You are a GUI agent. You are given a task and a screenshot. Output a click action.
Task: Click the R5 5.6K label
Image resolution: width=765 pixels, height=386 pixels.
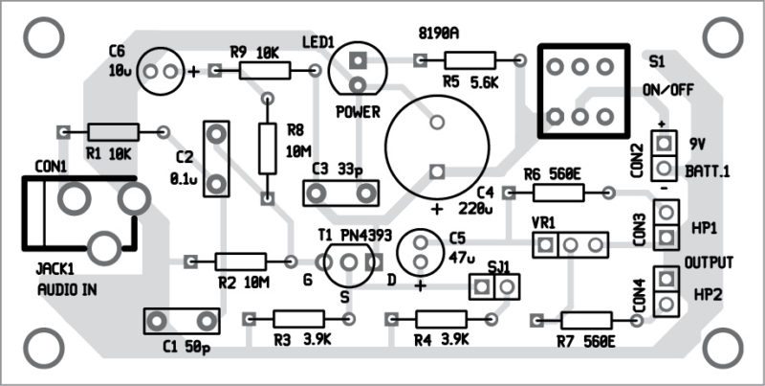(470, 83)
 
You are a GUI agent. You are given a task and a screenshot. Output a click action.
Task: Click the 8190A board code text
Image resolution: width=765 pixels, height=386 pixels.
(439, 33)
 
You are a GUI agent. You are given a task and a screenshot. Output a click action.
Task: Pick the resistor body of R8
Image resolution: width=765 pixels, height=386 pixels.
(268, 149)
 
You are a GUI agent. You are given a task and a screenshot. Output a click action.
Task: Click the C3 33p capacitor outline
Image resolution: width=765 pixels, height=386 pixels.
(339, 193)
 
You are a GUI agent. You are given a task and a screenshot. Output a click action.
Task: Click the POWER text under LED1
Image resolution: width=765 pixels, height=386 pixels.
(358, 111)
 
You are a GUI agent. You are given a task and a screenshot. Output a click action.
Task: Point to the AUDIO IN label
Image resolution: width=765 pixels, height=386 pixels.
(68, 289)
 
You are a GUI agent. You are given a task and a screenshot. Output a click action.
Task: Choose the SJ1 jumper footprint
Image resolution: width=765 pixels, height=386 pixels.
(495, 285)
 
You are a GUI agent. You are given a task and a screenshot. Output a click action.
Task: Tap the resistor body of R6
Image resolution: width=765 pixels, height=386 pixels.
(558, 193)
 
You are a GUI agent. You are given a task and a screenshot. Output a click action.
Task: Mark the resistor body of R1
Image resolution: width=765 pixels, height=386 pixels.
(113, 131)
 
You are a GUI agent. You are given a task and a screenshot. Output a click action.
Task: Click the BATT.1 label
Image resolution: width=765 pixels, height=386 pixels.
(708, 170)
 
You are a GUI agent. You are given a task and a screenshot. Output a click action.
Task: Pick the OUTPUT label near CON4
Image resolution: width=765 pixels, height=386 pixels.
(710, 263)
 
